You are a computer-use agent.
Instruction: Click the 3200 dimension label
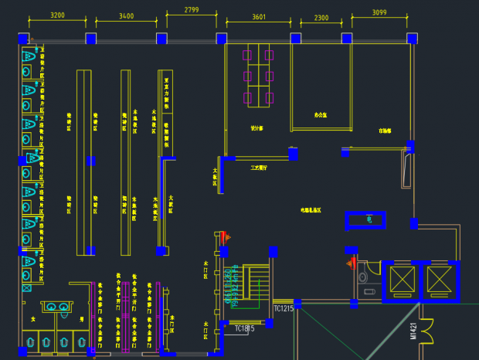pos(57,15)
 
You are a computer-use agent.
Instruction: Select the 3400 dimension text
pos(126,15)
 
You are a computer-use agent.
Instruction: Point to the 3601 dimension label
pos(259,16)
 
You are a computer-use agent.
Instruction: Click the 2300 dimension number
pos(321,17)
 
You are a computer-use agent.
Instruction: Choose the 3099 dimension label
pos(379,12)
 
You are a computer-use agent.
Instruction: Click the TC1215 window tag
pos(284,308)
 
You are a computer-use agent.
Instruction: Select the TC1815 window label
pos(245,328)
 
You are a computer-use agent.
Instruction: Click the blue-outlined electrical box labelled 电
pos(369,220)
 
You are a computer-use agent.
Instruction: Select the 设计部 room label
pos(256,128)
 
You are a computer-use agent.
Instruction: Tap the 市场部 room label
pos(385,131)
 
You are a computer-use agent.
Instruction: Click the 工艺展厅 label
pos(258,166)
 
